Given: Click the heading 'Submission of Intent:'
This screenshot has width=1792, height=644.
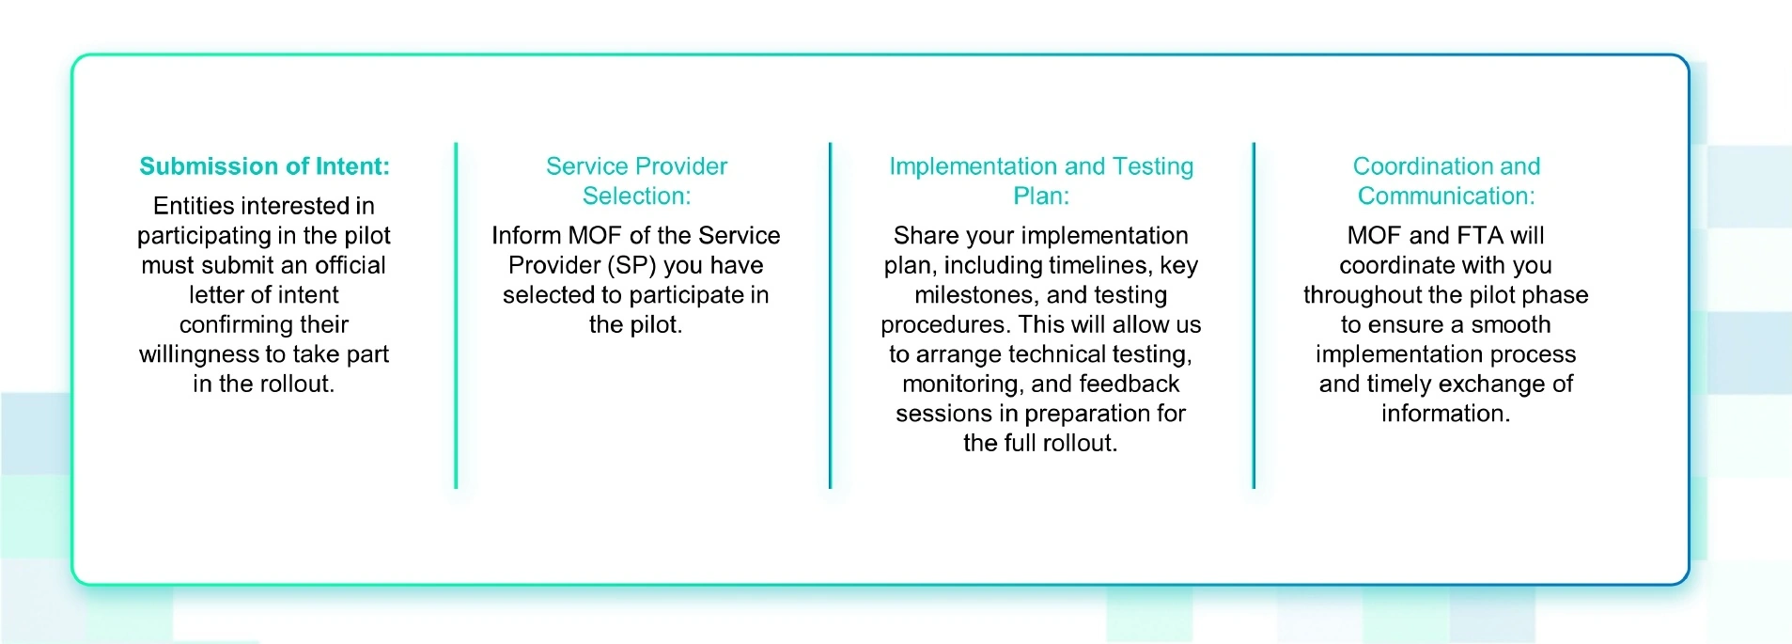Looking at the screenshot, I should click(x=264, y=166).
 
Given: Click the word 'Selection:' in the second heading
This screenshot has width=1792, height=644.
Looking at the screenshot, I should click(x=636, y=196).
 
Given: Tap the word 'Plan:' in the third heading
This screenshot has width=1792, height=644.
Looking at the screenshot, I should click(x=1040, y=196).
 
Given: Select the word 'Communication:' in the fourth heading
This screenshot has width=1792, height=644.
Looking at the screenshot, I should click(x=1445, y=196).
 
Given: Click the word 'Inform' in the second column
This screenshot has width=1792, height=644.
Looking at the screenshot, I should click(x=526, y=236).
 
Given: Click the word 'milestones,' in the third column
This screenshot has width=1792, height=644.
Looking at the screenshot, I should click(x=976, y=295).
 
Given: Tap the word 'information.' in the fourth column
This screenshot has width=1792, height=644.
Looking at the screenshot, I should click(x=1445, y=414).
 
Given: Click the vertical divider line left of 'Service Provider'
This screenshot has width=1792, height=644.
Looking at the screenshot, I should click(x=456, y=315).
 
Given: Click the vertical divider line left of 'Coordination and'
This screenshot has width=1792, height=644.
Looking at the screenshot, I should click(x=1254, y=315).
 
